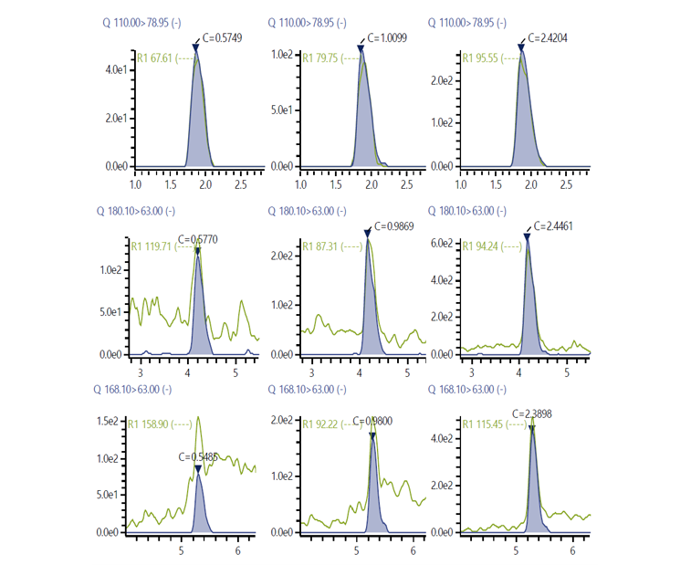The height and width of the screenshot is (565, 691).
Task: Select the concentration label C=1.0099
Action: click(x=387, y=37)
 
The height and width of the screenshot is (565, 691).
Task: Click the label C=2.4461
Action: click(x=554, y=225)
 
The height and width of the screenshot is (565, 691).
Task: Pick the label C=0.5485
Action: click(x=198, y=456)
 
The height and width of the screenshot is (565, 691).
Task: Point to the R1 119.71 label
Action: click(x=155, y=246)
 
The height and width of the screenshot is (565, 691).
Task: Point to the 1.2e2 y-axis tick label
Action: click(x=114, y=270)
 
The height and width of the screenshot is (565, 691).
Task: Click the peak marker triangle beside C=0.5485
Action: click(x=198, y=469)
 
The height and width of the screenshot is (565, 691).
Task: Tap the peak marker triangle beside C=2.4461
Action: click(x=527, y=236)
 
